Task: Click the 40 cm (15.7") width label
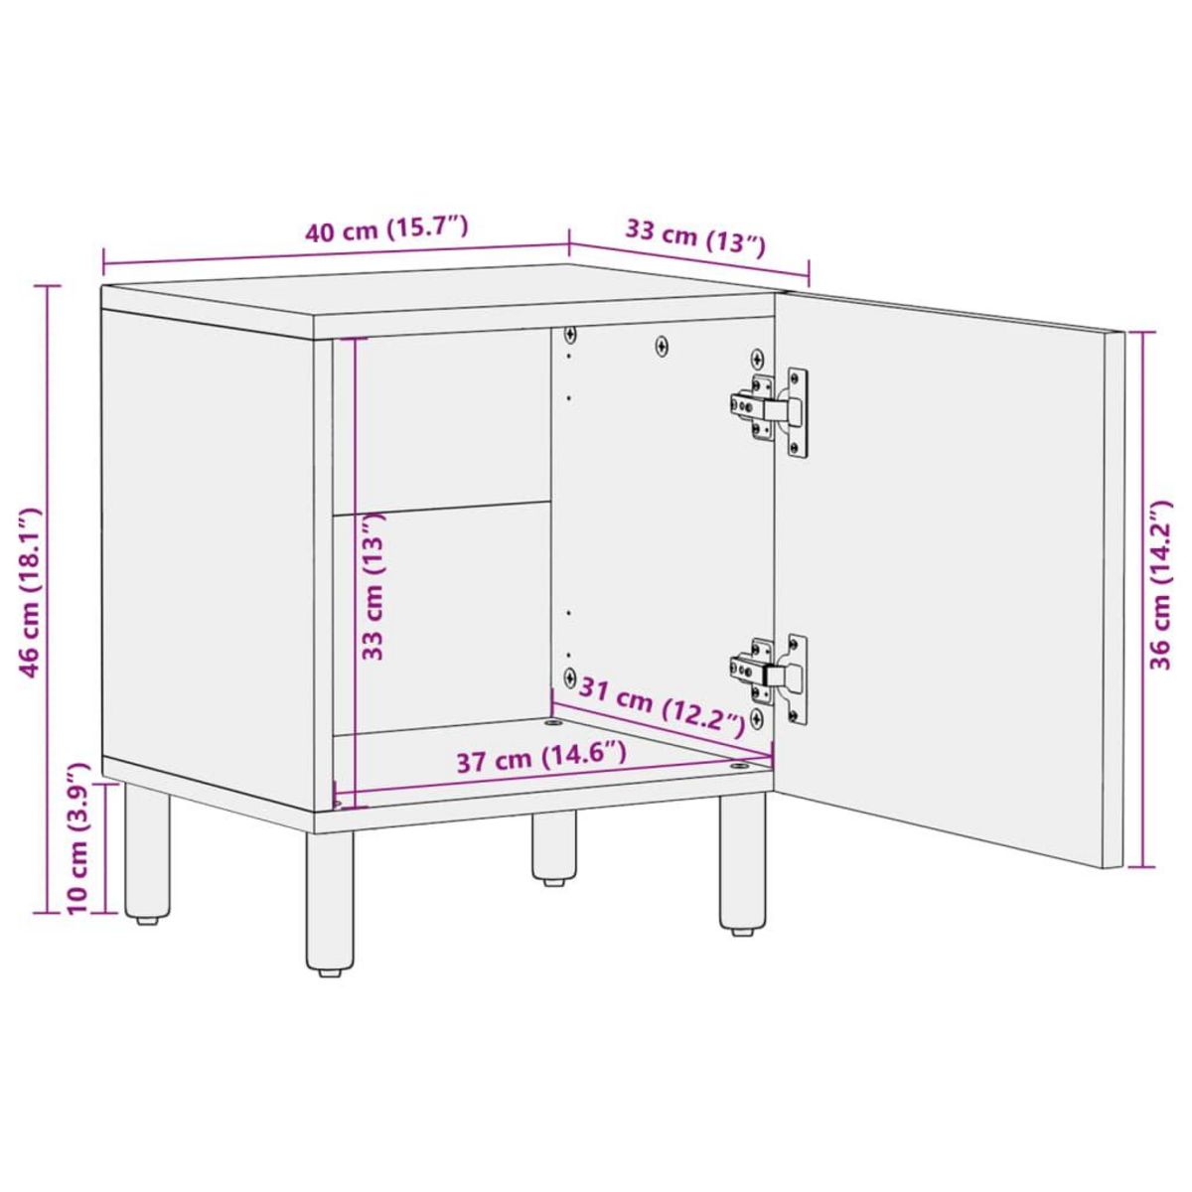pos(385,231)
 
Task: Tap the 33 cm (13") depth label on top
pos(694,238)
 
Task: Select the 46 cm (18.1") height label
pos(33,592)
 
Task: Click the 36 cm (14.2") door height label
pos(1160,586)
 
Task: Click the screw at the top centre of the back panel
pos(663,346)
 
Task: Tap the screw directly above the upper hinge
pos(758,358)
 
